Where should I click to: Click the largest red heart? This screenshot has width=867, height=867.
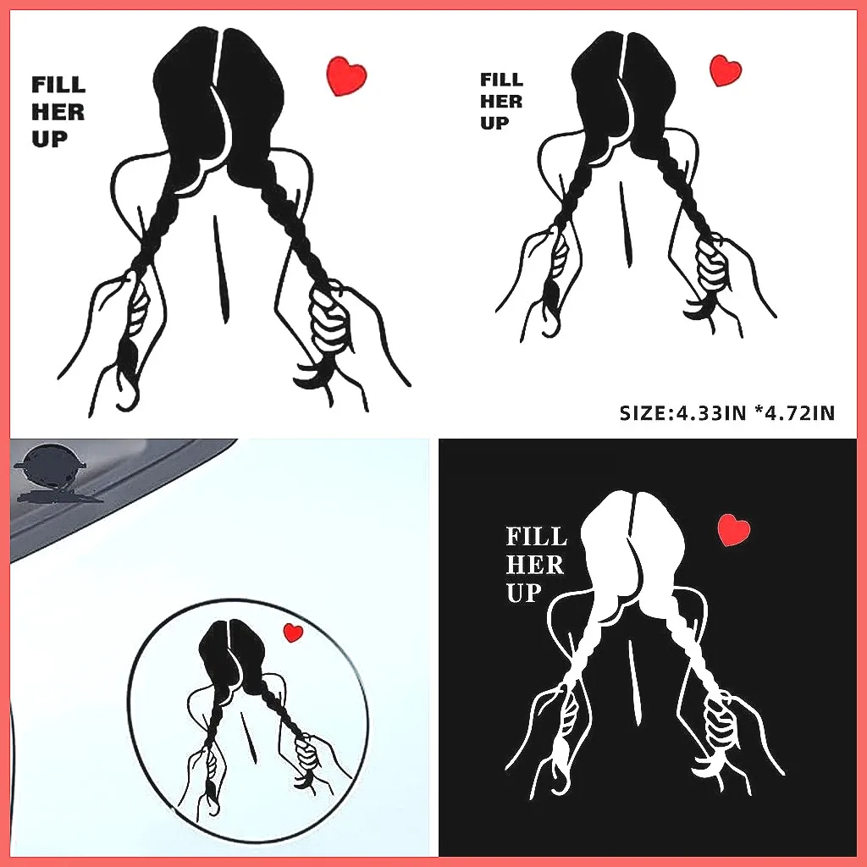tap(346, 75)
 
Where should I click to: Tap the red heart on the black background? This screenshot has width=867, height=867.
tap(733, 530)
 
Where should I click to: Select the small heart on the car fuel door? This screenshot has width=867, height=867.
tap(293, 632)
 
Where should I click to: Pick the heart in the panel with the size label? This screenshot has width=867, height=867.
tap(725, 70)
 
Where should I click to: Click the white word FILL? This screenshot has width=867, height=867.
tap(536, 537)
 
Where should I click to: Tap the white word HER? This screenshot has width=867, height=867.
tap(534, 565)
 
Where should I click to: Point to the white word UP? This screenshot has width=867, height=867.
tap(523, 594)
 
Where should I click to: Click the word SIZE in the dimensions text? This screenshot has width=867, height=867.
tap(643, 413)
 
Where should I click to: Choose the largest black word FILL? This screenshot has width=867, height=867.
tap(58, 85)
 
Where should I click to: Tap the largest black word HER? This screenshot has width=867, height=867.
tap(58, 112)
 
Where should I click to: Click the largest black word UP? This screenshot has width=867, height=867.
tap(49, 139)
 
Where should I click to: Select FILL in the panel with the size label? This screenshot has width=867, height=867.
tap(501, 80)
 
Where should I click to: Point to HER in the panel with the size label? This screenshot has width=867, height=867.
tap(501, 102)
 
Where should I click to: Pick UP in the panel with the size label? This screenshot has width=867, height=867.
tap(494, 124)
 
